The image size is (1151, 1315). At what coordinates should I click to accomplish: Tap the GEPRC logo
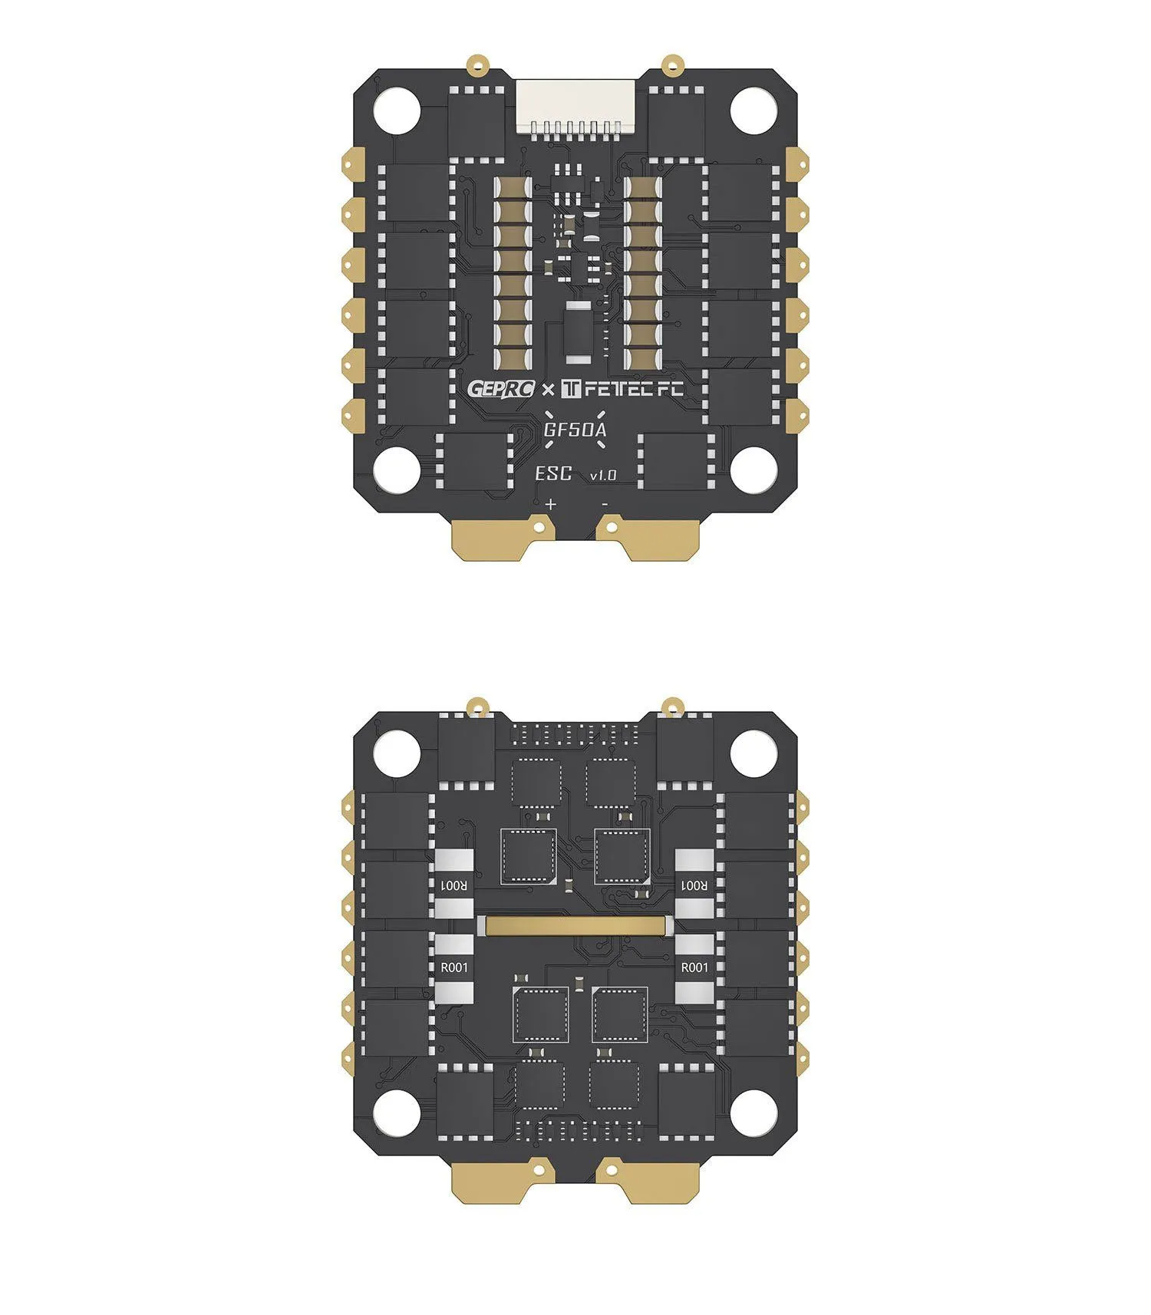[501, 388]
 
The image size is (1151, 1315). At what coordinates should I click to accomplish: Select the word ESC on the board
[553, 473]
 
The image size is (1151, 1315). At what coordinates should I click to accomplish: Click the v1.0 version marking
[603, 476]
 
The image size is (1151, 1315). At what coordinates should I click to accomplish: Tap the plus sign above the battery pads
[550, 504]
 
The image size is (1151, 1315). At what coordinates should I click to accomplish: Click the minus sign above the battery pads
[605, 504]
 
